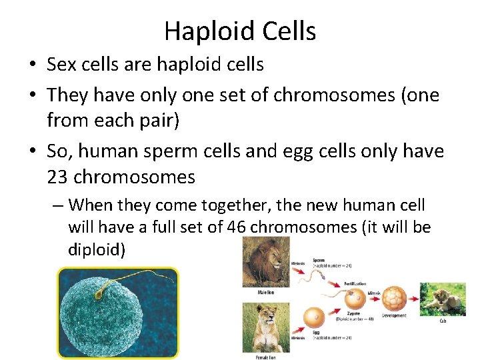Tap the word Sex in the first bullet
coord(63,65)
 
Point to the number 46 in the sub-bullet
coord(237,227)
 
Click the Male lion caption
coord(265,292)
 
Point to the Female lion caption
coord(265,357)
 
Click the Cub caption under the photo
coord(443,321)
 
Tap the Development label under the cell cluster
coord(394,316)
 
